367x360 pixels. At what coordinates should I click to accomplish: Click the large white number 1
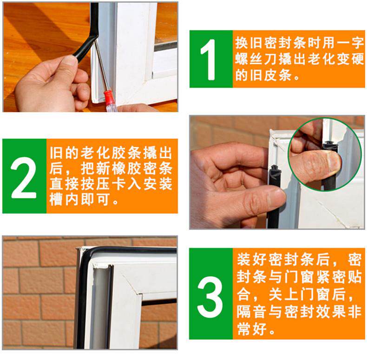[x=208, y=60]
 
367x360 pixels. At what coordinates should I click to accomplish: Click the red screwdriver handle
[x=109, y=101]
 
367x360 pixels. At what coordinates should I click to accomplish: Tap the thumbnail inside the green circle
[x=334, y=160]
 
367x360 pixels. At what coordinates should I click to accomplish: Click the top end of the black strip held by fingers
[x=274, y=168]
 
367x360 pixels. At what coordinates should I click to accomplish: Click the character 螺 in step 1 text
[x=242, y=59]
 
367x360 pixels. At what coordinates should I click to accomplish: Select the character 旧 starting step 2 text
[x=56, y=153]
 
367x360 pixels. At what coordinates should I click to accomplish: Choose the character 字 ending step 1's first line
[x=358, y=43]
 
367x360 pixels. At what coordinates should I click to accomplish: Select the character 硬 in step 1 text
[x=358, y=59]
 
